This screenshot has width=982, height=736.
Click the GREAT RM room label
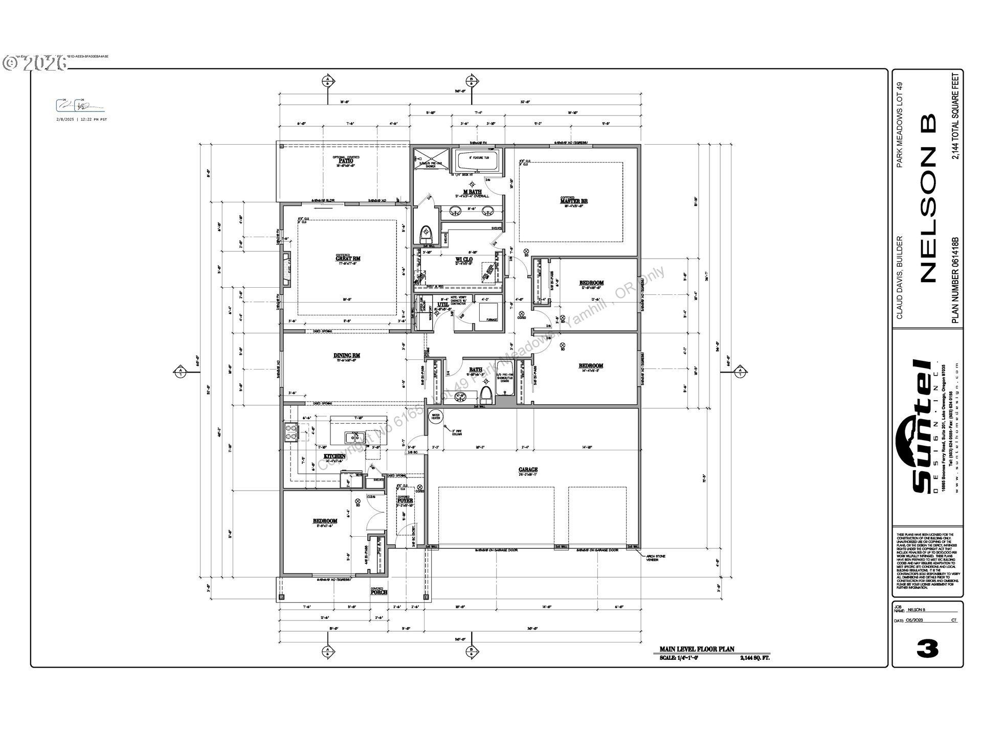[x=347, y=258]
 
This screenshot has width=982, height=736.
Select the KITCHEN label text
[x=334, y=456]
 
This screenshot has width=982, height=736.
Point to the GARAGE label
[x=528, y=469]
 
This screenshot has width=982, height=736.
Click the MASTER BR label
[x=574, y=201]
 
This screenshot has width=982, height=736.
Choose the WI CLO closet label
[x=464, y=260]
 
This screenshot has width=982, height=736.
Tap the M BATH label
[x=472, y=192]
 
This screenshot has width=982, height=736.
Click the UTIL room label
[x=442, y=305]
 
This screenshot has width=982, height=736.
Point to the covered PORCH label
[x=378, y=592]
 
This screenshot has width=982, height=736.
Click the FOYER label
[x=405, y=500]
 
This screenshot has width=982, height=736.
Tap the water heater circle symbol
[x=435, y=417]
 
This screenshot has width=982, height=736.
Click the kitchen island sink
[x=354, y=438]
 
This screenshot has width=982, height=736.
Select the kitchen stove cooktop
[x=291, y=432]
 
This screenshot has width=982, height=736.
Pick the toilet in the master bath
[x=426, y=236]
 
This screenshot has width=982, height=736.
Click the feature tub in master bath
[x=476, y=163]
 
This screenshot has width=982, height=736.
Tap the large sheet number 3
[x=927, y=649]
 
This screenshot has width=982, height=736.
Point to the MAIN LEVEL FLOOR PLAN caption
[x=697, y=649]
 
